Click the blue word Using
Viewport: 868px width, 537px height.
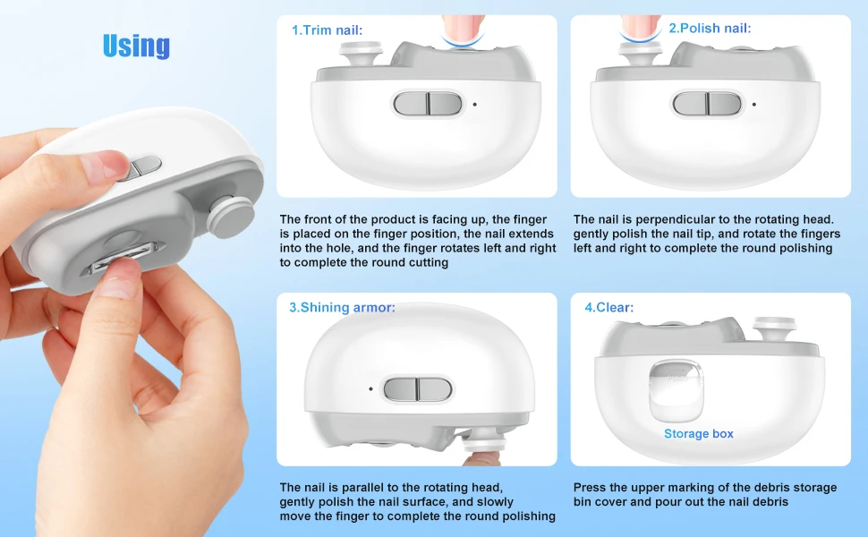click(136, 46)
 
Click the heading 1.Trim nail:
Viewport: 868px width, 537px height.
click(328, 30)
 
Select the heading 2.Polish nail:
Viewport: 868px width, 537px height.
click(711, 28)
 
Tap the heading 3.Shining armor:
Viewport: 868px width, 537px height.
click(342, 307)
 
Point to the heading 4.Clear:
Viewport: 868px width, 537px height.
click(608, 307)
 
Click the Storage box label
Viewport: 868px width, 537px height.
click(699, 433)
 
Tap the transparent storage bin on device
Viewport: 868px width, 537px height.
click(676, 390)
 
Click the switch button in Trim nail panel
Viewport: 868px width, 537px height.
click(428, 104)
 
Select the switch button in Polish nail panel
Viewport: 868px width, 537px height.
click(707, 104)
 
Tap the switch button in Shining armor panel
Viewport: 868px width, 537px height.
click(417, 389)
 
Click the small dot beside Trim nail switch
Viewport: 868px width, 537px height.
click(475, 104)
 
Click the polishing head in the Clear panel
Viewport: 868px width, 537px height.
click(774, 328)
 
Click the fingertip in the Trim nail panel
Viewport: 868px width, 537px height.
click(463, 30)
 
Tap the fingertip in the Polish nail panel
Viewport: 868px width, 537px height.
click(641, 29)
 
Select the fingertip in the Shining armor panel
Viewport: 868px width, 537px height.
click(481, 458)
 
